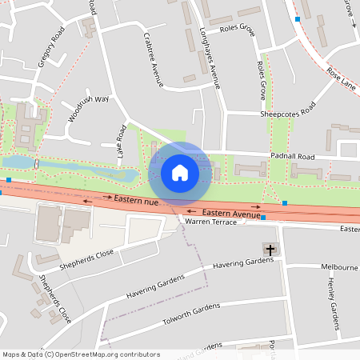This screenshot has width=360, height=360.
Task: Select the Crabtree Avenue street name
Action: coord(152,59)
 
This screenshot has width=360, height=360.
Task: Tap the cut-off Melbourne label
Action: coord(339,266)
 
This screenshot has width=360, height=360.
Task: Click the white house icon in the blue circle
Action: coord(180,172)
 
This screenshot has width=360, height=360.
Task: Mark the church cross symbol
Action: coord(270,250)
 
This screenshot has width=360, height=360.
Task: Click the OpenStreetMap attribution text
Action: coord(81,354)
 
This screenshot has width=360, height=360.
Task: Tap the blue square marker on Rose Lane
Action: coord(298,18)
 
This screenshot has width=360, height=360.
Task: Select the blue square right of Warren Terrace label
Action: coord(263,218)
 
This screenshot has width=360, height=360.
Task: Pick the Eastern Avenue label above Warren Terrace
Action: coord(231,214)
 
